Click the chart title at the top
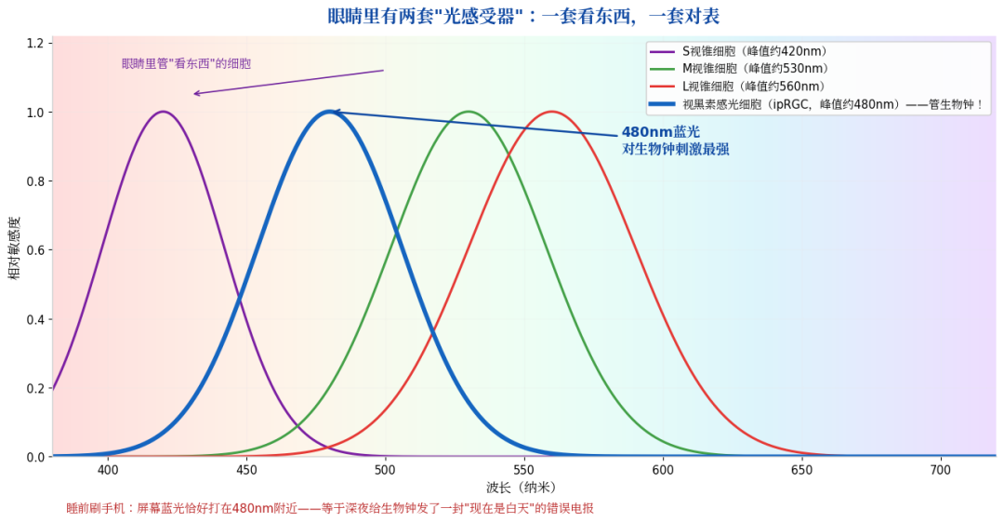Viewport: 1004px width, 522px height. [x=523, y=16]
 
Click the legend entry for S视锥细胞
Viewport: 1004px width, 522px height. [x=739, y=51]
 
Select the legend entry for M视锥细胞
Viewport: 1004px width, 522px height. [x=740, y=69]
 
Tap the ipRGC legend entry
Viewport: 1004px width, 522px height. [x=816, y=104]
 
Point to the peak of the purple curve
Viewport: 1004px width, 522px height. [x=164, y=112]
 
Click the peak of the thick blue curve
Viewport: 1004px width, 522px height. [x=330, y=112]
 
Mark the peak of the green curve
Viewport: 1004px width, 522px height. [x=469, y=112]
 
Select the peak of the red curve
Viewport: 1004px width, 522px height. [x=552, y=112]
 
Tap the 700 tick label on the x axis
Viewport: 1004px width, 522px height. [x=941, y=470]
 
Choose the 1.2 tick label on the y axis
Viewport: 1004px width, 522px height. [x=35, y=43]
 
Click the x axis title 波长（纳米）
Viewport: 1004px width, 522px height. [x=522, y=488]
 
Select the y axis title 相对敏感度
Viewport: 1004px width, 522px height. [x=14, y=248]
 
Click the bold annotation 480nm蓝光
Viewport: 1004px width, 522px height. [x=661, y=132]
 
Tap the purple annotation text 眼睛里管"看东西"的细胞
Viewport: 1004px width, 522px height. [x=186, y=63]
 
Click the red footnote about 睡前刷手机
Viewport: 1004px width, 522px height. [x=330, y=509]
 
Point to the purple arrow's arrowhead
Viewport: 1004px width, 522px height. [x=194, y=94]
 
